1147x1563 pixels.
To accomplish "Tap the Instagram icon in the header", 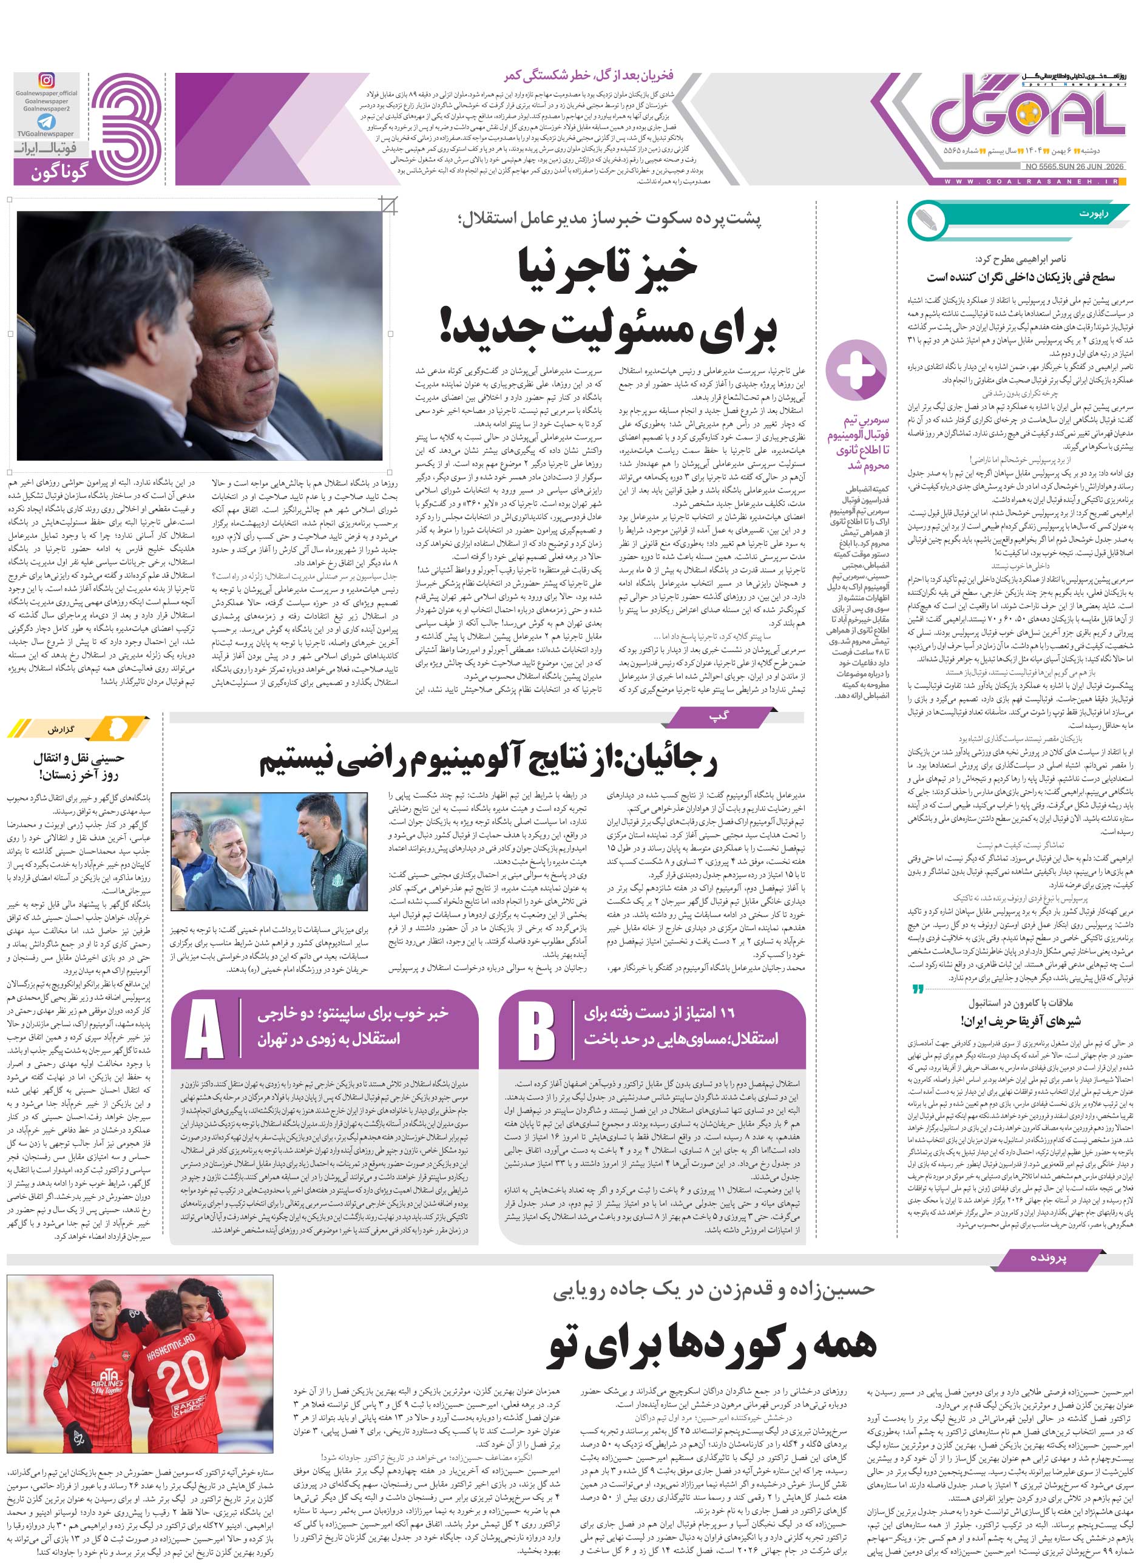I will pos(46,81).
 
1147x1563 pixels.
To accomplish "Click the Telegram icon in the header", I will pos(46,122).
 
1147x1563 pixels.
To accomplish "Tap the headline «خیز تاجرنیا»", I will pos(608,269).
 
